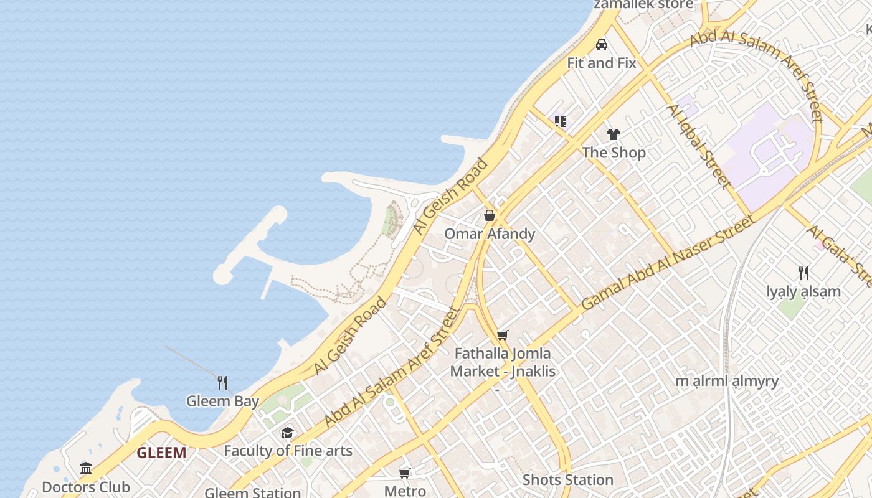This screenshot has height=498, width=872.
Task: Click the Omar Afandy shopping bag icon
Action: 490,215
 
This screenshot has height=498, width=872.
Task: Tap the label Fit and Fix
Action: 601,63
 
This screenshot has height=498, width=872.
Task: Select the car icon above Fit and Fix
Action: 602,45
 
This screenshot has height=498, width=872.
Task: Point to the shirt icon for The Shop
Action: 614,134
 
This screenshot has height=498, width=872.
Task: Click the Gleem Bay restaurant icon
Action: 222,382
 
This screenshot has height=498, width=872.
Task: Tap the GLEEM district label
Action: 161,453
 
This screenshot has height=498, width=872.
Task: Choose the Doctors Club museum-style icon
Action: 86,468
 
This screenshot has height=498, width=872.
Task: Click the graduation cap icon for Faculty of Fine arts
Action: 287,433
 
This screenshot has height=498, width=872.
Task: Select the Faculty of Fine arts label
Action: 288,451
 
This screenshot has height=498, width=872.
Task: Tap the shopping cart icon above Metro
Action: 405,473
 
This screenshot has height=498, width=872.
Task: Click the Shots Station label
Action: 568,480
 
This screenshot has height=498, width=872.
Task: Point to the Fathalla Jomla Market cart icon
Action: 503,335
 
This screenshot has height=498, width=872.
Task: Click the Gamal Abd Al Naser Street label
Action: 668,262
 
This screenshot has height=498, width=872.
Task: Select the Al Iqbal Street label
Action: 698,146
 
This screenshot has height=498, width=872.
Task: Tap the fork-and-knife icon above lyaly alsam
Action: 803,273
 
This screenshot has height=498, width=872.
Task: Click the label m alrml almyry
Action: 727,381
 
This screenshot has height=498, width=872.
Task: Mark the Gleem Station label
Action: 253,492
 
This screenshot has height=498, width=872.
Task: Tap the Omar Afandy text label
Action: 490,234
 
